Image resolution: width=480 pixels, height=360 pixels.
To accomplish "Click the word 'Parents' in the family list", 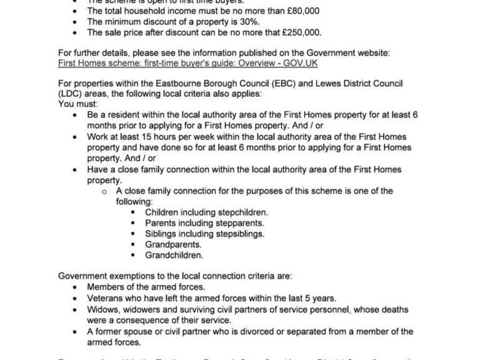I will coord(161,223).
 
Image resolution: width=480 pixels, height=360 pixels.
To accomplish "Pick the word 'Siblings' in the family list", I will coord(162,234).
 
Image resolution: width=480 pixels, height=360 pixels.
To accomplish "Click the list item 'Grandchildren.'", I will coord(174,255).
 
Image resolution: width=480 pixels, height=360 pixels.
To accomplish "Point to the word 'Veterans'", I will coord(105,298).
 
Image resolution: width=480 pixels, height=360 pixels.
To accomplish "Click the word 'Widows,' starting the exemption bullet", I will coord(105,309).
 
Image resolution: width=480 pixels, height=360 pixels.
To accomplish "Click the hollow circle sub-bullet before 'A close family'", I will coord(104,191).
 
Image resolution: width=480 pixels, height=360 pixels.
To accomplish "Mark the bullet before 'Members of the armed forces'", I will coord(75,287).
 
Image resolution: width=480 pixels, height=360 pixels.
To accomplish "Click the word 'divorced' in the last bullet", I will coord(263,331).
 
